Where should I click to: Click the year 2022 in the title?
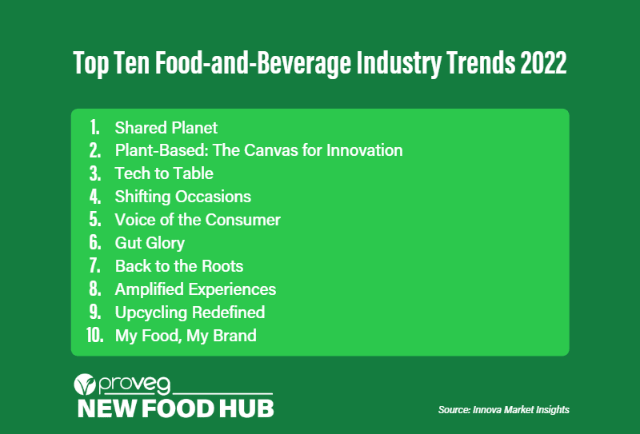point(543,64)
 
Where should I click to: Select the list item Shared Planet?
point(166,127)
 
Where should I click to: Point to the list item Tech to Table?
point(164,173)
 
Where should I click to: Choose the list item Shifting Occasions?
point(182,197)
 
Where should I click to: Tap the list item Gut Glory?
point(150,243)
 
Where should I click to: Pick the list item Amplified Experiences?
point(195,289)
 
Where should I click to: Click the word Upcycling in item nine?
point(150,313)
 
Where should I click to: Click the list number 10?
point(95,336)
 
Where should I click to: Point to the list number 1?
point(94,127)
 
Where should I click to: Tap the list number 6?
point(94,243)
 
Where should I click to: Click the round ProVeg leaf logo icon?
point(84,385)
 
